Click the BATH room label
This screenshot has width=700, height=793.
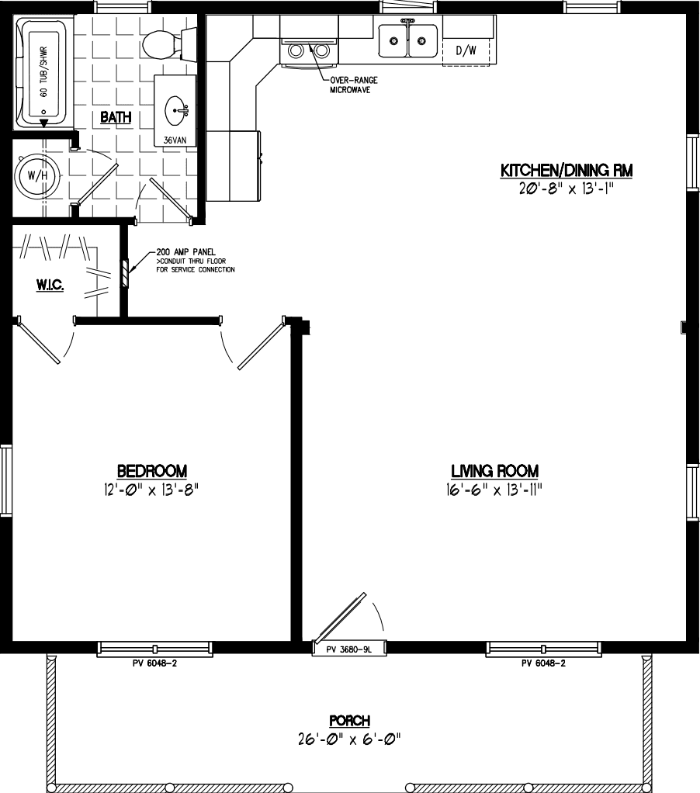pyautogui.click(x=115, y=118)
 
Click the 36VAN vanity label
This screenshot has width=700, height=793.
pyautogui.click(x=175, y=140)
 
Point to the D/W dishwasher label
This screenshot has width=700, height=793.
pyautogui.click(x=466, y=51)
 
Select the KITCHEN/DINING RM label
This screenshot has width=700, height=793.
pyautogui.click(x=563, y=170)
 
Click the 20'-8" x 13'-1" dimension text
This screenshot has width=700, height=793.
pyautogui.click(x=563, y=189)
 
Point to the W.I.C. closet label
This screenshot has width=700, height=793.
pyautogui.click(x=50, y=286)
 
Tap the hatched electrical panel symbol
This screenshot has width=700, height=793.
pyautogui.click(x=125, y=273)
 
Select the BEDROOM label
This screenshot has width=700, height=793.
pyautogui.click(x=152, y=470)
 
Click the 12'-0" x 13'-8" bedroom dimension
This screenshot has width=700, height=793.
pyautogui.click(x=152, y=489)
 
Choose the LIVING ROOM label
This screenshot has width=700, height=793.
pyautogui.click(x=495, y=471)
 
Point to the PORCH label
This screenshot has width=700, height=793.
pyautogui.click(x=349, y=721)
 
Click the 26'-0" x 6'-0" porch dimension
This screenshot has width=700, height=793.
pyautogui.click(x=349, y=739)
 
